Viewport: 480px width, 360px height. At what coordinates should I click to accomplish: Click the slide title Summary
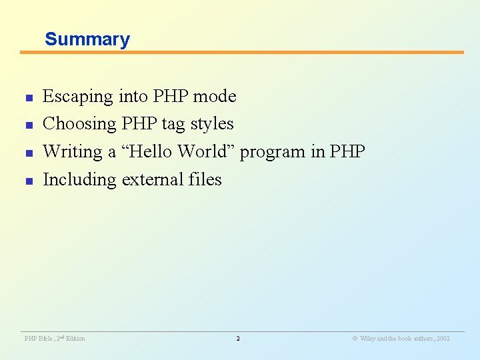pyautogui.click(x=87, y=39)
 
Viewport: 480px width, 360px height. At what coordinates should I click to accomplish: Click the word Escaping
pyautogui.click(x=78, y=97)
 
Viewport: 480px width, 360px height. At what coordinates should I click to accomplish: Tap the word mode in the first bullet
pyautogui.click(x=215, y=97)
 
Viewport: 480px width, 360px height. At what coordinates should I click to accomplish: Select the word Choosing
pyautogui.click(x=79, y=124)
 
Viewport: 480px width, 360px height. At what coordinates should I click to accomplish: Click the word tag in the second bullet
pyautogui.click(x=173, y=125)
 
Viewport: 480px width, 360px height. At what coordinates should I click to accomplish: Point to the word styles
pyautogui.click(x=212, y=124)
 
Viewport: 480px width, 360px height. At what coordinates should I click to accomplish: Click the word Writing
pyautogui.click(x=73, y=152)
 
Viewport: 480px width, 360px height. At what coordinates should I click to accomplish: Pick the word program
pyautogui.click(x=273, y=153)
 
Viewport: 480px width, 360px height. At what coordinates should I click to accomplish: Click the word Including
pyautogui.click(x=79, y=180)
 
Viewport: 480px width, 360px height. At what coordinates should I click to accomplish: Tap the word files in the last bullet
pyautogui.click(x=204, y=179)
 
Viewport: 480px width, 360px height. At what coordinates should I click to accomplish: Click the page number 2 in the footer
pyautogui.click(x=238, y=339)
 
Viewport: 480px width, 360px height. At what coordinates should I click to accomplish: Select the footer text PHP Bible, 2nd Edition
pyautogui.click(x=55, y=339)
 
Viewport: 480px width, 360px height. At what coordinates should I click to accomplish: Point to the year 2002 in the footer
pyautogui.click(x=442, y=339)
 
